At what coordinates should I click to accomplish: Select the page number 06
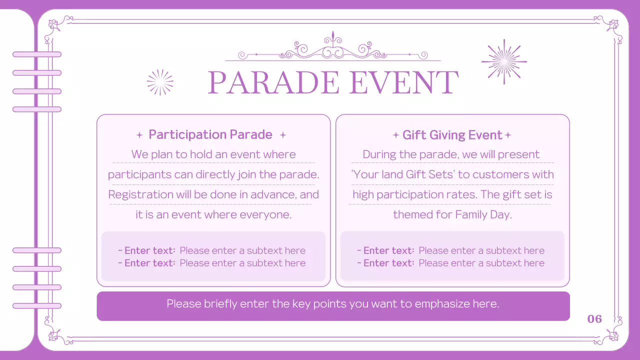click(594, 319)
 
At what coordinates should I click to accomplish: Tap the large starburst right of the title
click(504, 61)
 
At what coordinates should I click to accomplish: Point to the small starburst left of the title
click(160, 82)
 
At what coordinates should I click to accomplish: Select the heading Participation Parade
click(210, 134)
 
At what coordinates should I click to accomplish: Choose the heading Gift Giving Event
click(452, 135)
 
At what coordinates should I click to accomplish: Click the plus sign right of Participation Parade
click(283, 135)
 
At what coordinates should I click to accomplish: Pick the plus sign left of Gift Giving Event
click(396, 135)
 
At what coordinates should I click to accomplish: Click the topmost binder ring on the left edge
click(37, 54)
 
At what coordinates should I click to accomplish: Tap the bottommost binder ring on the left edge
click(37, 305)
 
